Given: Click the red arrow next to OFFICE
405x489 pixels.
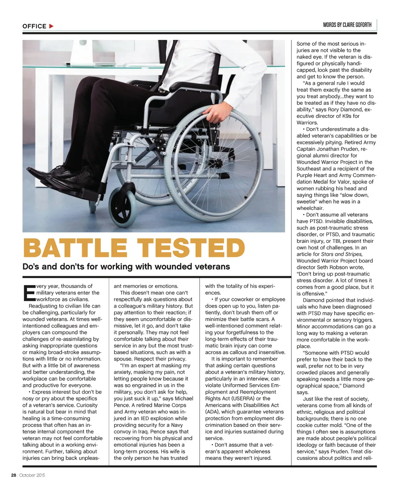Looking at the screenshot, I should [51, 26].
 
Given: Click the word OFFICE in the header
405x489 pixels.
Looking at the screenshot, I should [34, 26].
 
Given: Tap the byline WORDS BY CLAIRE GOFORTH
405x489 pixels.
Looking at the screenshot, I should [347, 25].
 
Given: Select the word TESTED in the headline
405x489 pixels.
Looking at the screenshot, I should [191, 248].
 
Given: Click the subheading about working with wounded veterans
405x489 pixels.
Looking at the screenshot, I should [126, 266].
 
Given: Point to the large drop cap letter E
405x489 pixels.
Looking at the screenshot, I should [28, 293].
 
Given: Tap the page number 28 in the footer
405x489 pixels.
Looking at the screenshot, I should [13, 475].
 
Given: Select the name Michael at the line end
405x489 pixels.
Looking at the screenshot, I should [184, 398].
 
